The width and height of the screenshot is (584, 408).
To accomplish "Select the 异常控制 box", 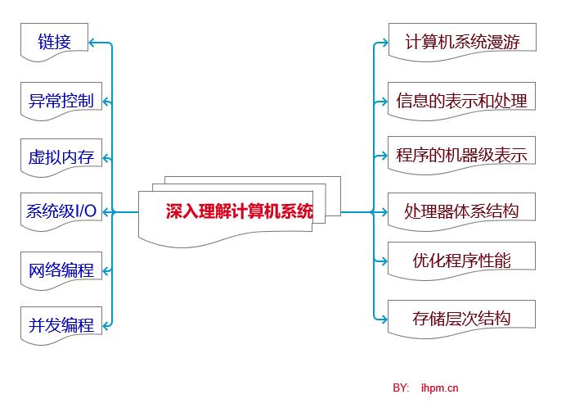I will click(61, 101).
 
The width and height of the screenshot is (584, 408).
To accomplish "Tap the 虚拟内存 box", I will click(61, 156).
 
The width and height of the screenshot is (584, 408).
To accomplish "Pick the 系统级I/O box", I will click(61, 211).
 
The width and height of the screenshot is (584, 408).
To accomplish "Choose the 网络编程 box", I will click(61, 270).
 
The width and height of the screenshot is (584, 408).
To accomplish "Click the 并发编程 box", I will click(61, 324).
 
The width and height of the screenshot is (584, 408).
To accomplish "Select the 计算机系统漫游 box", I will click(461, 41).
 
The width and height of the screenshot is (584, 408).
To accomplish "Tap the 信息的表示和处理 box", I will click(461, 101).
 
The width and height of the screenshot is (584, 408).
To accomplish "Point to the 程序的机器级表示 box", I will click(461, 155).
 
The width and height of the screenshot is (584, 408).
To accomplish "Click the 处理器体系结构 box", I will click(461, 211).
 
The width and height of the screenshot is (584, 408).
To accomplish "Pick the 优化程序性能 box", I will click(461, 261).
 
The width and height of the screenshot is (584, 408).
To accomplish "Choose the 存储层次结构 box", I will click(461, 318).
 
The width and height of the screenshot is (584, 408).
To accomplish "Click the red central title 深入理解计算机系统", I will click(239, 211).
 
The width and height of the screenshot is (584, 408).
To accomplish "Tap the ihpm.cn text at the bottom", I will click(439, 388).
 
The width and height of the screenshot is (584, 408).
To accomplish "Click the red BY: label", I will click(401, 388).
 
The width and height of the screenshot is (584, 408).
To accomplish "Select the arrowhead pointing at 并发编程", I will click(107, 324).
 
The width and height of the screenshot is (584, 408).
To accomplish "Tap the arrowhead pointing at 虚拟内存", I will click(107, 156).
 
